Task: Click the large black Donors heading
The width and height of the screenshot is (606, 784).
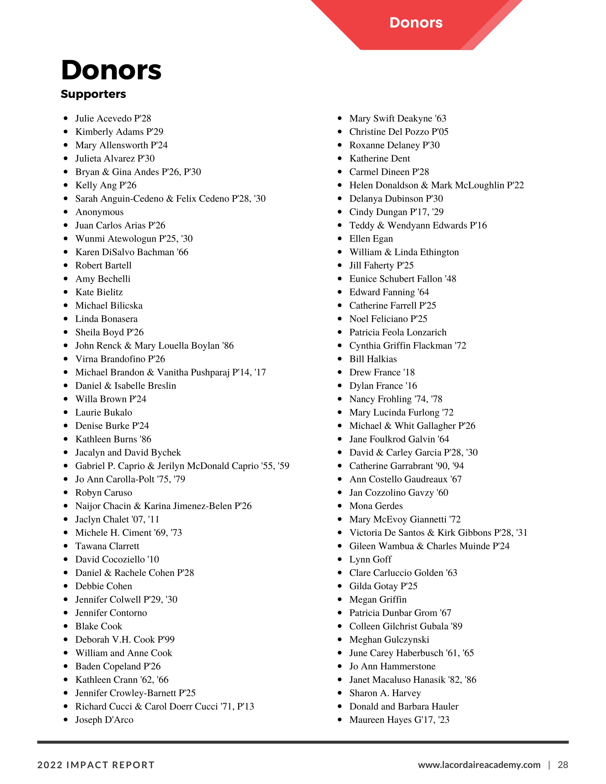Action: [x=111, y=70]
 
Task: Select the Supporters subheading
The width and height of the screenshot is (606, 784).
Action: [x=93, y=94]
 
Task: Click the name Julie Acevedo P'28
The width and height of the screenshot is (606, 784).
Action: [x=113, y=119]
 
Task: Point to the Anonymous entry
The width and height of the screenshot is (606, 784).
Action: [x=99, y=212]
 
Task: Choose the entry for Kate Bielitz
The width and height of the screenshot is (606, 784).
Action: [x=99, y=292]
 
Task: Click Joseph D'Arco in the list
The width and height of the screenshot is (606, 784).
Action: [x=104, y=720]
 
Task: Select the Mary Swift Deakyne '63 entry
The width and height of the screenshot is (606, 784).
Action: [x=398, y=119]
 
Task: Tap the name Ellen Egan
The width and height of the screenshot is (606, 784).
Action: [x=371, y=239]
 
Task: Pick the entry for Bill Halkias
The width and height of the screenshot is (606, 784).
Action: [x=373, y=359]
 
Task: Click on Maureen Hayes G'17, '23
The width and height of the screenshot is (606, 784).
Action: [x=399, y=720]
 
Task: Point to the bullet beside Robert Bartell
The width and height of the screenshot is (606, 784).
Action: [x=66, y=266]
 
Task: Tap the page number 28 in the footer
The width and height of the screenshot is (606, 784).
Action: [x=563, y=765]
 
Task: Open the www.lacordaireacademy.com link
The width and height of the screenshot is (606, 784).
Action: [x=479, y=765]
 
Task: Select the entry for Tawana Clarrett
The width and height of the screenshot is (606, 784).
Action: [x=107, y=546]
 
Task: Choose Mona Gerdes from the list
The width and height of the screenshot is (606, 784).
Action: [x=376, y=506]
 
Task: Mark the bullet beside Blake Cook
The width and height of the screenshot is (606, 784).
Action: [x=66, y=626]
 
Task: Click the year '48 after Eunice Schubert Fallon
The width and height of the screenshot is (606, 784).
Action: [x=451, y=279]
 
